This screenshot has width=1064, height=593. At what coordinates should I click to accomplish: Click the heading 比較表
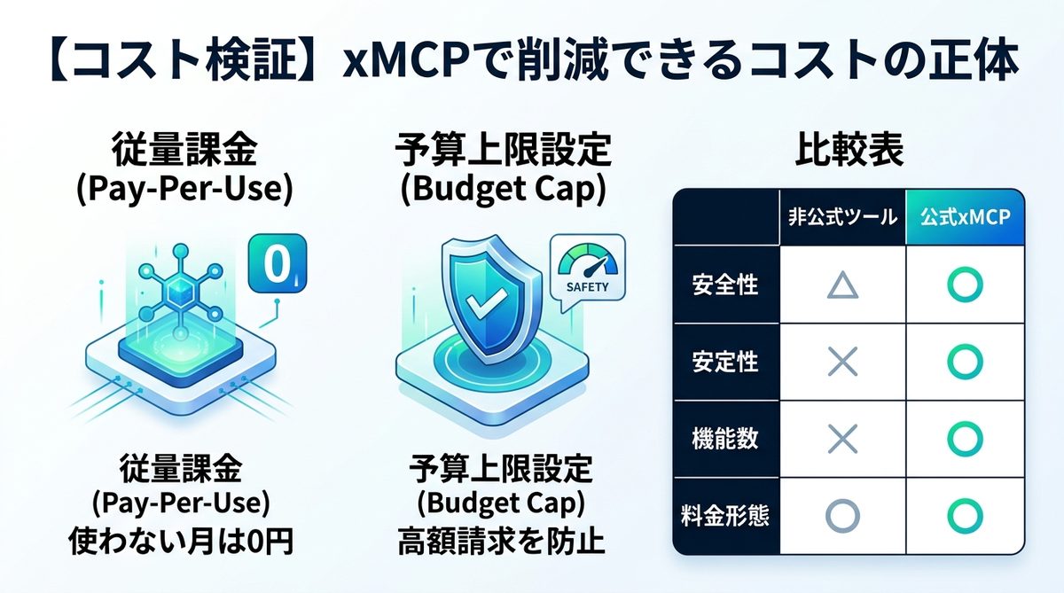pyautogui.click(x=849, y=152)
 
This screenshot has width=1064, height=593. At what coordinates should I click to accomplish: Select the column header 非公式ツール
pyautogui.click(x=842, y=217)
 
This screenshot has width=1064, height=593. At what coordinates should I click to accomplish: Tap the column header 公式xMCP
pyautogui.click(x=965, y=217)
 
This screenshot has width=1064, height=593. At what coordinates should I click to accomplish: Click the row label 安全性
pyautogui.click(x=725, y=286)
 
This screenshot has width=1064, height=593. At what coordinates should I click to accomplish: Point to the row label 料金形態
pyautogui.click(x=725, y=514)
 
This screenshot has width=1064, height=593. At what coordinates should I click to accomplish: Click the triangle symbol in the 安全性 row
pyautogui.click(x=842, y=285)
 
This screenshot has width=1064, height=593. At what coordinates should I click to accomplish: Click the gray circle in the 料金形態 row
pyautogui.click(x=842, y=514)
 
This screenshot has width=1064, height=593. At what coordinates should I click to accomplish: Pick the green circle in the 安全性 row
pyautogui.click(x=965, y=285)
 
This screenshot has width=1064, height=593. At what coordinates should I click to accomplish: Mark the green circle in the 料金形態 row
pyautogui.click(x=965, y=514)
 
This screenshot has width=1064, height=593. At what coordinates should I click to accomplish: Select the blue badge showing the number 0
pyautogui.click(x=277, y=263)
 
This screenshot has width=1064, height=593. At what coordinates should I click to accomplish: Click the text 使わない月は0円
pyautogui.click(x=182, y=542)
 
